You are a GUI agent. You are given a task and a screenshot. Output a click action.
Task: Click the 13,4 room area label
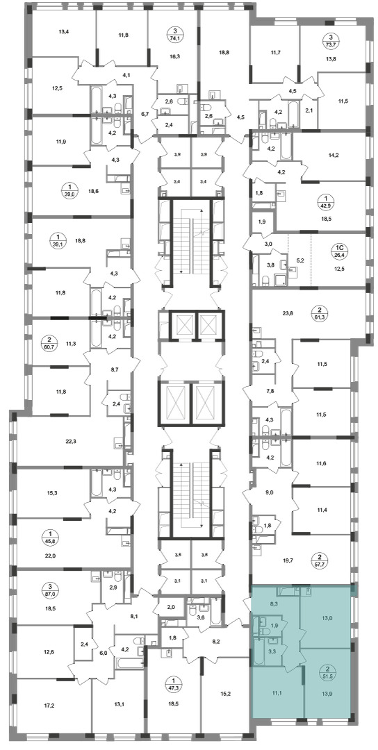pyautogui.click(x=64, y=33)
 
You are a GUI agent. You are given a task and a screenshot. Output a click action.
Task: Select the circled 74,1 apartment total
pyautogui.click(x=173, y=35)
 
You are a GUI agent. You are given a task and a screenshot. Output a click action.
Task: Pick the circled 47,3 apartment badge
pyautogui.click(x=173, y=683)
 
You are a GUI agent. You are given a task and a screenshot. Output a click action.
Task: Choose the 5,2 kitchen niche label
pyautogui.click(x=300, y=262)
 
